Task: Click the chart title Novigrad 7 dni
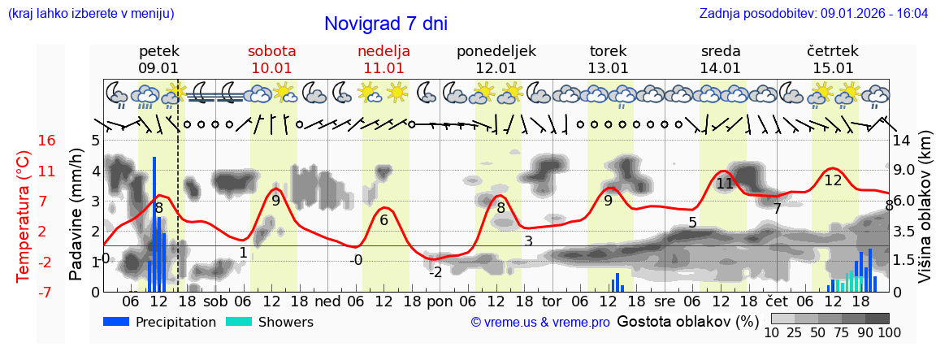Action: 385,24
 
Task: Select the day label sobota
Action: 271,51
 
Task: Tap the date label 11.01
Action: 383,68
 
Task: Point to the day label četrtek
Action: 832,51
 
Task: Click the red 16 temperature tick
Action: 46,141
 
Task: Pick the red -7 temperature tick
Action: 46,292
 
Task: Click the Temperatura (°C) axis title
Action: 24,215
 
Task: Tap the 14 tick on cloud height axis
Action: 903,141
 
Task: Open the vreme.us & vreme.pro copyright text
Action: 539,323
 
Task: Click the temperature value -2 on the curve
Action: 435,272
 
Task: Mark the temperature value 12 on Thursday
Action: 833,180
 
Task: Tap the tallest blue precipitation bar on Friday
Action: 154,223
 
